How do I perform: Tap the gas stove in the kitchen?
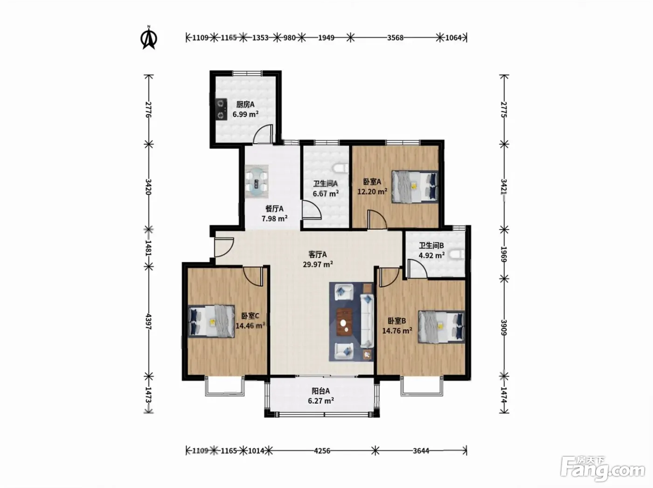(x=221, y=109)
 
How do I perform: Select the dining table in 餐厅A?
(x=257, y=181)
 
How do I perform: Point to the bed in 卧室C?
(x=211, y=321)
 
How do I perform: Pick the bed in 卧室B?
(x=442, y=327)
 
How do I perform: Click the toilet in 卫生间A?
(x=341, y=169)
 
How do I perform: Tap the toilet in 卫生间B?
(x=457, y=255)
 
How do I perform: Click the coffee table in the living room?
(x=345, y=321)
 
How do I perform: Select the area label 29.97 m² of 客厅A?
(x=318, y=264)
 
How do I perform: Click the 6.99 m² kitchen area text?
(x=245, y=114)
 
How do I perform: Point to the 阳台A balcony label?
(x=321, y=391)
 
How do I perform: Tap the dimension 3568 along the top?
(x=395, y=38)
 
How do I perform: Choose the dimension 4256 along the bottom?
(x=322, y=451)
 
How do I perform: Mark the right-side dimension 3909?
(x=504, y=328)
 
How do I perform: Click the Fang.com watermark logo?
(x=603, y=471)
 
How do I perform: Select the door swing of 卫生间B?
(x=417, y=268)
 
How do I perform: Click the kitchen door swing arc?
(x=263, y=134)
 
